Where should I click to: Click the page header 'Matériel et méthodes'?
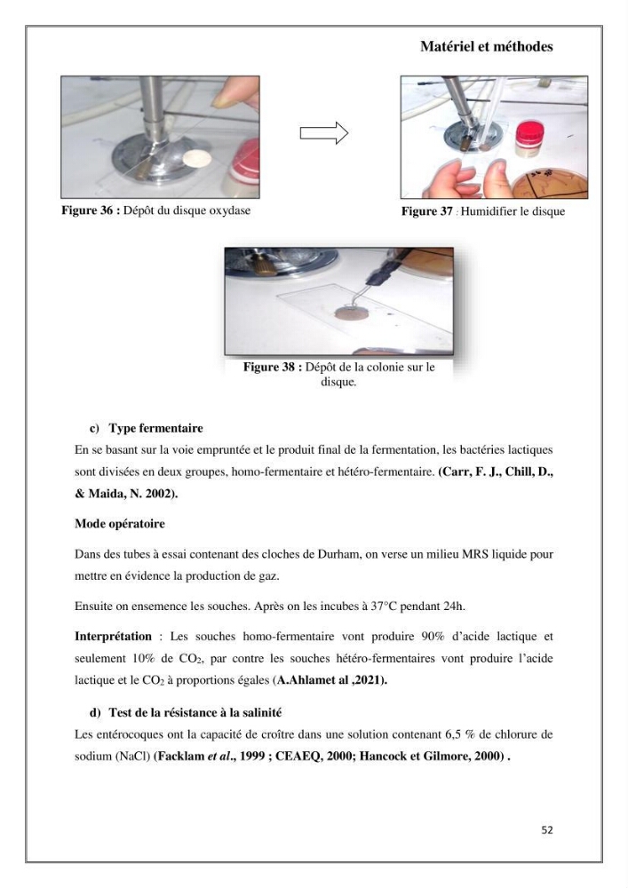point(487,46)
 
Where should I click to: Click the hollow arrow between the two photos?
point(324,133)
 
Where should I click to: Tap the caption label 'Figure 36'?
point(87,210)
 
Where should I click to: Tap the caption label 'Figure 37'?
point(427,212)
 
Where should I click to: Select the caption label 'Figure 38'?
point(269,367)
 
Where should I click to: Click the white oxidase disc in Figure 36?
point(197,158)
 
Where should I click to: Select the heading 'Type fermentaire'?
point(155,428)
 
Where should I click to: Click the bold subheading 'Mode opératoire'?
point(120,524)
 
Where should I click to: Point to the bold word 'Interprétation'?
point(114,637)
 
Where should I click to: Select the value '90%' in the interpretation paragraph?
point(433,637)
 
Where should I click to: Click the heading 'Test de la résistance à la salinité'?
point(195,712)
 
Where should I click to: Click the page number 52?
point(547,829)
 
